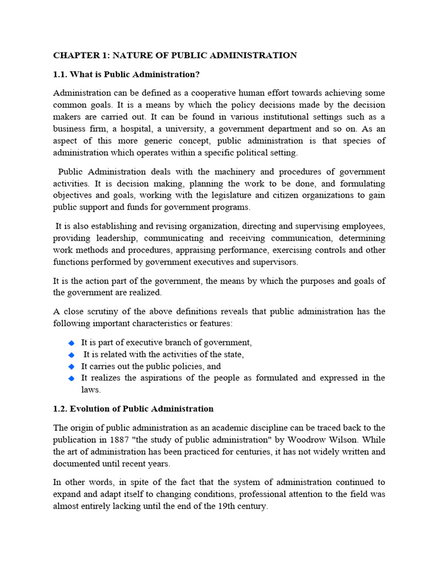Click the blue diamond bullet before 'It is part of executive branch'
pos(71,343)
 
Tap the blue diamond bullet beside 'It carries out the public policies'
pos(71,366)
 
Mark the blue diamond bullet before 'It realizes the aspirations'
pos(71,378)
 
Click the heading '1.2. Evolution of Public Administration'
pos(133,408)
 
